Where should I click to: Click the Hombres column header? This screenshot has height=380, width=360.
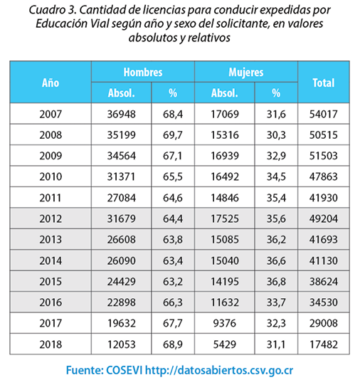tap(143, 72)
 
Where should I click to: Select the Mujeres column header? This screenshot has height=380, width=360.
tap(246, 72)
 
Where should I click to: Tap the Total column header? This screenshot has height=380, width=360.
tap(324, 83)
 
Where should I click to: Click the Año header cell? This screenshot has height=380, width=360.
tap(51, 83)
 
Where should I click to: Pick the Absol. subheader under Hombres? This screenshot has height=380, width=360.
tap(122, 93)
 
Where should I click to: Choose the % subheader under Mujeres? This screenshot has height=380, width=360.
tap(276, 93)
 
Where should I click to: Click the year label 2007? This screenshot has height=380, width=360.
tap(51, 114)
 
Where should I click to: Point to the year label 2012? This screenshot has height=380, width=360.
tap(51, 218)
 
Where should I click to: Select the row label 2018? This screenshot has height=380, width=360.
tap(51, 344)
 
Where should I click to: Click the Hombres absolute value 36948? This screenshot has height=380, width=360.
tap(122, 114)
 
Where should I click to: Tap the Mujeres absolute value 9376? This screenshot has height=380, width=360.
tap(225, 323)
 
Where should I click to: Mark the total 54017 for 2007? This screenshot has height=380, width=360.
tap(324, 114)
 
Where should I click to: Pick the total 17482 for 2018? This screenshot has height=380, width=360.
tap(324, 344)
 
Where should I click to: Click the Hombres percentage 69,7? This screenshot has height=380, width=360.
tap(173, 135)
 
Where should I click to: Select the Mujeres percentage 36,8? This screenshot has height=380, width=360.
tap(276, 281)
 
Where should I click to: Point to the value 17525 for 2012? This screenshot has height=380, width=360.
tap(225, 218)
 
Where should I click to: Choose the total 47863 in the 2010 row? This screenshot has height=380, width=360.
tap(324, 176)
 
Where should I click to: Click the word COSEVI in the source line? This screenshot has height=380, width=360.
tap(125, 370)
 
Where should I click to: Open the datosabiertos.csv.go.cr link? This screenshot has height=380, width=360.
tap(219, 370)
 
